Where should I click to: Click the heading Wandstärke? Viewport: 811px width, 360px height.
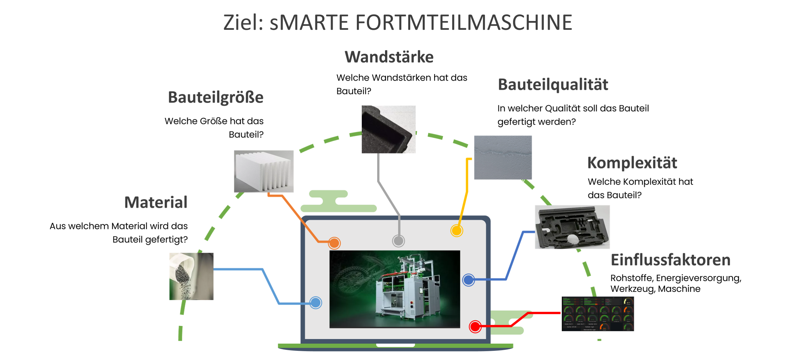[389, 57]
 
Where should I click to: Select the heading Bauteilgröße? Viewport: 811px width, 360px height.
[216, 97]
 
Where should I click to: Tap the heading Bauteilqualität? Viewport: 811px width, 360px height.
[553, 85]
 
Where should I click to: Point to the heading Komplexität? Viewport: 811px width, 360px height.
[632, 163]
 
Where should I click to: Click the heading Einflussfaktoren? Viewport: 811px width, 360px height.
[670, 260]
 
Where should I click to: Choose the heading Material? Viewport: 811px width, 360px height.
[156, 202]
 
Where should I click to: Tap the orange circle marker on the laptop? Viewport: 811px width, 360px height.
[334, 243]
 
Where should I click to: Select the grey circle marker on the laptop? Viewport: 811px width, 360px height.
[398, 241]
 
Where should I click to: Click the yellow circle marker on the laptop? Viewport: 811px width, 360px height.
[456, 230]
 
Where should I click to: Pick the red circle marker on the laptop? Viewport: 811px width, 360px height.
[475, 327]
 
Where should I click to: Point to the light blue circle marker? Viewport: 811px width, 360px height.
[316, 303]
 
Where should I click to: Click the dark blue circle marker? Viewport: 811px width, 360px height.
[469, 280]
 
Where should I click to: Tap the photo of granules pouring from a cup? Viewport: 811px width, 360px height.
[191, 276]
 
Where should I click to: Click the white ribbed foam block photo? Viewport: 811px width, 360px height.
[263, 171]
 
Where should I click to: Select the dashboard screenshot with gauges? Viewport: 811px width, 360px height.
[598, 314]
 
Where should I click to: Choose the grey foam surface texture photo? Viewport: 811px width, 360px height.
[503, 157]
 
